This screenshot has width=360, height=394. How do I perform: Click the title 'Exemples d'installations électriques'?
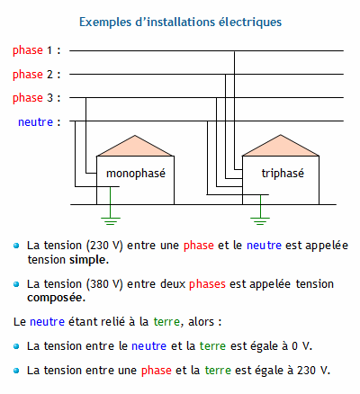pyautogui.click(x=180, y=22)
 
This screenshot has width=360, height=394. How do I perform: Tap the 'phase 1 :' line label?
pyautogui.click(x=37, y=50)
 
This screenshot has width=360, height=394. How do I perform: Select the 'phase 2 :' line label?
pyautogui.click(x=37, y=75)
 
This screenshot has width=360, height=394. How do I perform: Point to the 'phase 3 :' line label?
pyautogui.click(x=37, y=98)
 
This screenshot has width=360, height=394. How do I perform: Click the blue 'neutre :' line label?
pyautogui.click(x=40, y=122)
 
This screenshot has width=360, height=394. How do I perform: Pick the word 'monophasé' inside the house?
pyautogui.click(x=136, y=174)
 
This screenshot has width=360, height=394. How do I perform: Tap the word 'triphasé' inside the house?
pyautogui.click(x=283, y=174)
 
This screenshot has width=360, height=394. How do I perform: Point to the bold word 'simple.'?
pyautogui.click(x=89, y=260)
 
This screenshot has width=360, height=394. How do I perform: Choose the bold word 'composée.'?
pyautogui.click(x=57, y=298)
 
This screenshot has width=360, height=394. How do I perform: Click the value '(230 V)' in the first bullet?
pyautogui.click(x=104, y=246)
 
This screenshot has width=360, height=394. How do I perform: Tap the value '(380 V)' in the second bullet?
pyautogui.click(x=104, y=284)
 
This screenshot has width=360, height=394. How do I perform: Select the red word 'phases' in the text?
pyautogui.click(x=207, y=284)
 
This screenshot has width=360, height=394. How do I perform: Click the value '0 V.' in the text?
pyautogui.click(x=302, y=346)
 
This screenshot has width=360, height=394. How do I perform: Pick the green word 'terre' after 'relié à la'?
pyautogui.click(x=166, y=322)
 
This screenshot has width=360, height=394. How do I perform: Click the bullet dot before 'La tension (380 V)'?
pyautogui.click(x=16, y=284)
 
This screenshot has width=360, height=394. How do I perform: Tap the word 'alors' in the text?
pyautogui.click(x=201, y=322)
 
